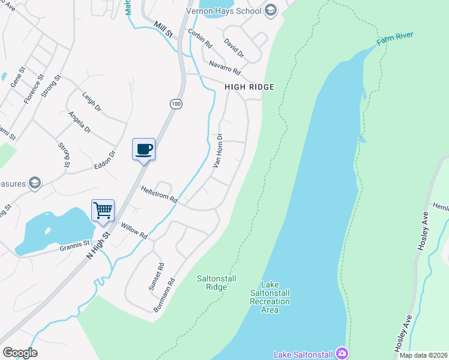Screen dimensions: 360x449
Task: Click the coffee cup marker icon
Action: click(143, 149)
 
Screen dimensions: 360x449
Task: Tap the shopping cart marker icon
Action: click(103, 211)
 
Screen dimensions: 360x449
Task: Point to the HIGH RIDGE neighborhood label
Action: click(249, 87)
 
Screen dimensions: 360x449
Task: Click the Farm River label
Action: click(396, 38)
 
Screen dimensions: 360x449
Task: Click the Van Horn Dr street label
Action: click(218, 151)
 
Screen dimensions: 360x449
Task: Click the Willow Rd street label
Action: click(134, 230)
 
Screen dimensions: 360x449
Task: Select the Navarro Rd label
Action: click(224, 68)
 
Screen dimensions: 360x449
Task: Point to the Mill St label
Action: click(163, 29)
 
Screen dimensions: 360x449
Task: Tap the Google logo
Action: click(20, 353)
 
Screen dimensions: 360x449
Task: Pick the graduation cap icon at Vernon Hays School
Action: click(270, 10)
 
